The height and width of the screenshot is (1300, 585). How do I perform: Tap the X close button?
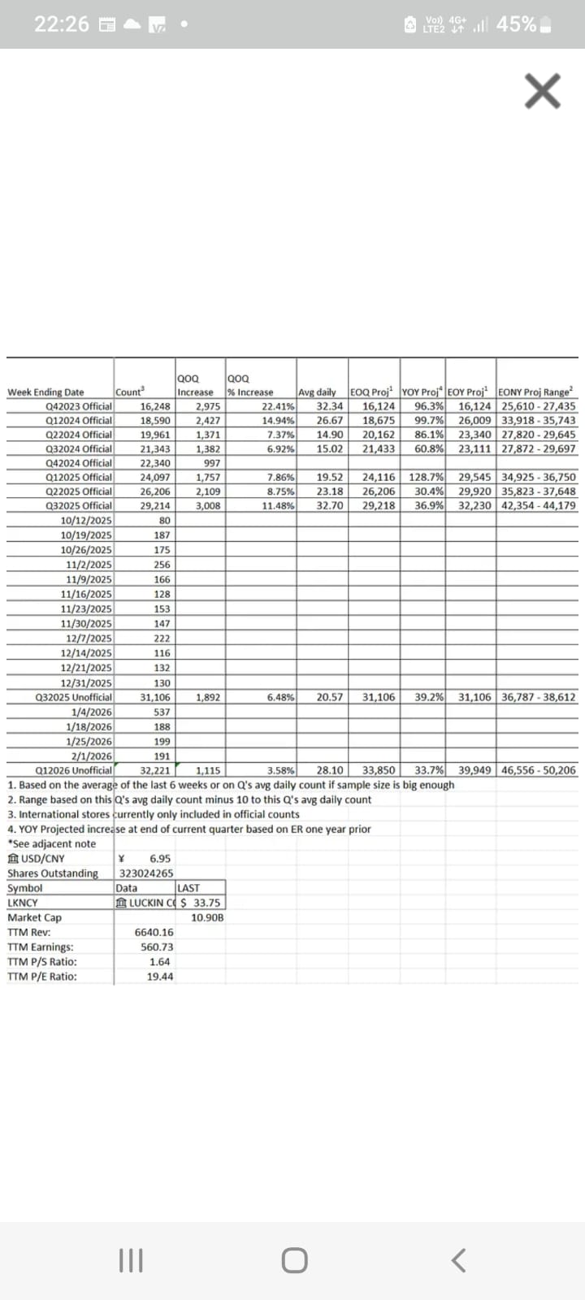(543, 90)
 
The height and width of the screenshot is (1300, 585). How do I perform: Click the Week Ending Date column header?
(45, 392)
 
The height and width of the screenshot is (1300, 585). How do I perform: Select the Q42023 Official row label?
(79, 406)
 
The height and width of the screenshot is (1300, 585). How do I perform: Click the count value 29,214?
(155, 505)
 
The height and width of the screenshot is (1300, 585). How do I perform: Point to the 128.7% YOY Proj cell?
(426, 477)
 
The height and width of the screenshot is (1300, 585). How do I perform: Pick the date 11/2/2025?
(89, 565)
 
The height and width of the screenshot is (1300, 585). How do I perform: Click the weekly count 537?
(162, 712)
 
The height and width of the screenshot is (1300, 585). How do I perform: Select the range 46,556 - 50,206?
(538, 770)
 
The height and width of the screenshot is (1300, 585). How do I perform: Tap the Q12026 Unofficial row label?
(74, 770)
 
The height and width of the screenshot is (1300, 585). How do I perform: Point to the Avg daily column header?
(318, 392)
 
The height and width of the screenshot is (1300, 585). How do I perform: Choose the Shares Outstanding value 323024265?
(146, 873)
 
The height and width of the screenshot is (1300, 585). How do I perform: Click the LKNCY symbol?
(23, 903)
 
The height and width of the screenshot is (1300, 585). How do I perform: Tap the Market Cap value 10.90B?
(207, 917)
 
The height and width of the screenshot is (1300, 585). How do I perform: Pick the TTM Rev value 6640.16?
(154, 933)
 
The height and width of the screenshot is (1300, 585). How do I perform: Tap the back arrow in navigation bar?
(458, 1260)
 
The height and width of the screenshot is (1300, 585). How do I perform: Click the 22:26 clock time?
(62, 24)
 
